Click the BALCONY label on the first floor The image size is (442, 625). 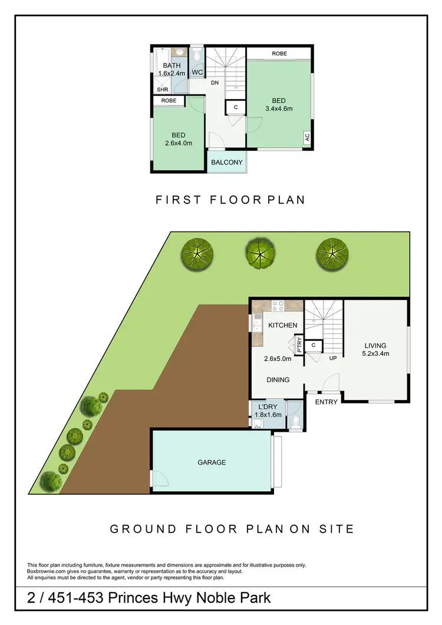point(227,162)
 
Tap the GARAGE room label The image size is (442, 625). point(212,462)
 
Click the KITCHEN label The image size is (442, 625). point(283,325)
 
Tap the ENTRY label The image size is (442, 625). point(326,402)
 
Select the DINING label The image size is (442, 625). point(278,380)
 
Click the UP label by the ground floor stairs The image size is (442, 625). point(333,358)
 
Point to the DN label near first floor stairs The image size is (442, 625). point(215,83)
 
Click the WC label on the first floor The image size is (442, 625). point(197,72)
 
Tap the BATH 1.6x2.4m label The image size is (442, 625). point(171,70)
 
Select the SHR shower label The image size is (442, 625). point(162,90)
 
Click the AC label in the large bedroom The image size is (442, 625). point(307,137)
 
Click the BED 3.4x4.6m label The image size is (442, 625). point(279,104)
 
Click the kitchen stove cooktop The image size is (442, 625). point(278,306)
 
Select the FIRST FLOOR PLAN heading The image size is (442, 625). point(230,200)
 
